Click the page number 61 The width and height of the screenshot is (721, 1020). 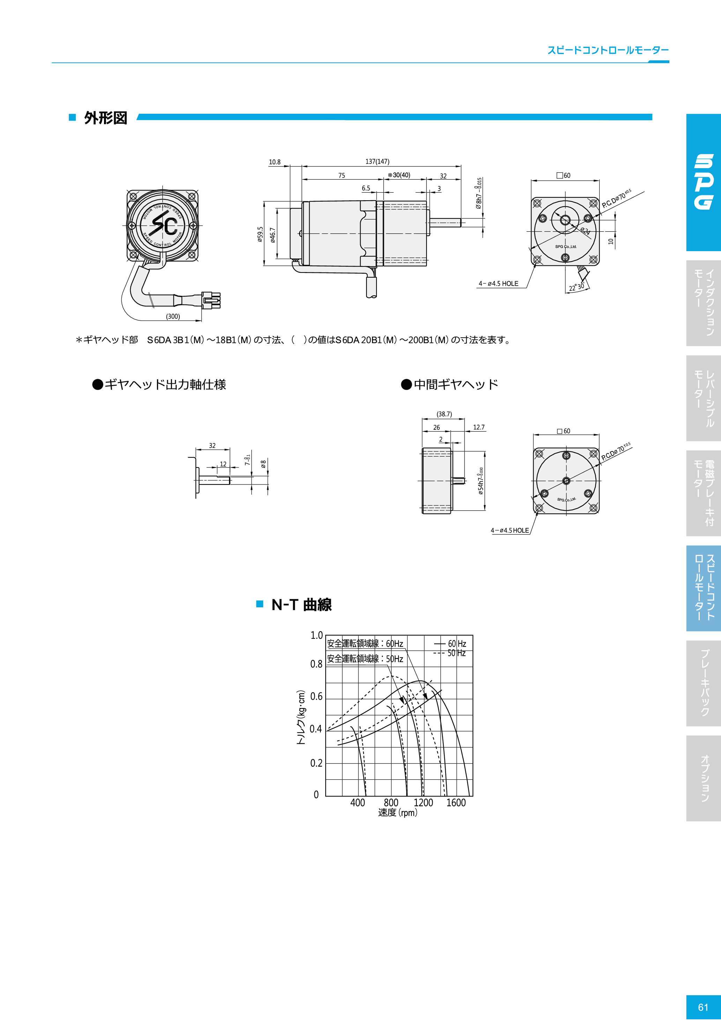[x=703, y=1007]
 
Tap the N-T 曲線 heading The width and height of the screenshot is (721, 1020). [x=302, y=605]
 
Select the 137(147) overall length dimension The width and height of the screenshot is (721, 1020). [x=377, y=162]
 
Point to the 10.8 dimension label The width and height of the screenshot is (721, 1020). [x=275, y=162]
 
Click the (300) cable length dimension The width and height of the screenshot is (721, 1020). [x=173, y=316]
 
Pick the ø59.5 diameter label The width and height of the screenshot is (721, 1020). [x=260, y=234]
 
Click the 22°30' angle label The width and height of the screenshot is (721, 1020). [x=577, y=287]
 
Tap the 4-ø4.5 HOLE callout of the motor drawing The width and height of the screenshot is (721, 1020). [x=498, y=284]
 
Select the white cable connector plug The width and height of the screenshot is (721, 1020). [x=211, y=300]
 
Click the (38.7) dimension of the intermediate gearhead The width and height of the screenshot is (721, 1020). [x=444, y=414]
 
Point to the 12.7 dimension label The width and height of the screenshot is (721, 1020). [x=479, y=427]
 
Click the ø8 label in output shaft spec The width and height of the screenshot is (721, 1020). [x=263, y=464]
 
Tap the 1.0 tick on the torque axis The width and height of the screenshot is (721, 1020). [x=317, y=635]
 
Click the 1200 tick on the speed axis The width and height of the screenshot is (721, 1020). [x=423, y=802]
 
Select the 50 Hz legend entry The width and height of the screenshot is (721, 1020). [x=456, y=653]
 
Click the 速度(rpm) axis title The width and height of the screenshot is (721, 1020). [x=397, y=812]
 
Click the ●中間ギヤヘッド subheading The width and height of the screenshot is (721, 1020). [x=449, y=384]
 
